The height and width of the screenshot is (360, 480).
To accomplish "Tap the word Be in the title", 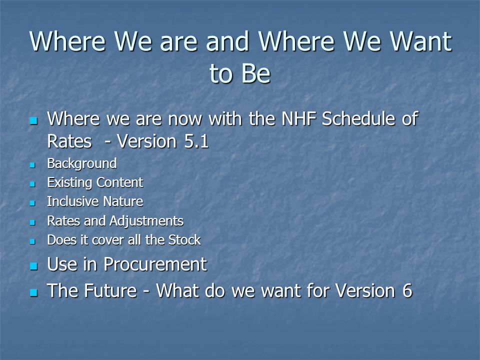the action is coord(256,73).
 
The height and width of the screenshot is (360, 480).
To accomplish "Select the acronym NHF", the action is coord(298,119).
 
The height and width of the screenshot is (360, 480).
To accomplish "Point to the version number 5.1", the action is coord(196,141).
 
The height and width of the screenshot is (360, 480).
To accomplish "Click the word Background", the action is coord(81,163).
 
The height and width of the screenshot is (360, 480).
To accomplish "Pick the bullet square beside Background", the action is coord(32,165).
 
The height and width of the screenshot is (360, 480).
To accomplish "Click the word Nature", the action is coord(123,201).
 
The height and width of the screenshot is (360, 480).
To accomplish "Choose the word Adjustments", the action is coord(146,221).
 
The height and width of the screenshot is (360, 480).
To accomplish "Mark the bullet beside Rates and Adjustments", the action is coord(32,222).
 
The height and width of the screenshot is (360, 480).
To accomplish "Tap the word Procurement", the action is coord(155,264).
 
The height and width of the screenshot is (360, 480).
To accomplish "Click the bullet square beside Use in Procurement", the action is coord(33,265).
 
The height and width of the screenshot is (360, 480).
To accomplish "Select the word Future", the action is coord(110,290).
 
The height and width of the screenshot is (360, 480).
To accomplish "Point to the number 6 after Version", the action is coord(407,290).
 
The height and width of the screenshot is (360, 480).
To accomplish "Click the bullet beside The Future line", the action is coord(33,292).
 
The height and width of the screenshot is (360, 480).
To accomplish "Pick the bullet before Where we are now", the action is coord(33,120).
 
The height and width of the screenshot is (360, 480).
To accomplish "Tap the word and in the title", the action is coord(227,41).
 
